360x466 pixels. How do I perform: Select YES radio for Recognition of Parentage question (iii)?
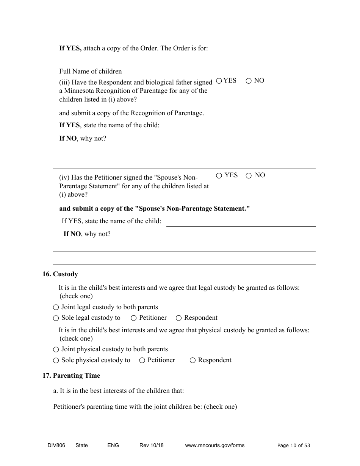[219, 81]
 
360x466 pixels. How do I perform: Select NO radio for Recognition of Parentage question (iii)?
[249, 81]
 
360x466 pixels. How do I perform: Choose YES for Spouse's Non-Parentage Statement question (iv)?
[219, 175]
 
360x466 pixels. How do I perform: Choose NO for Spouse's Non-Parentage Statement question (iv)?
[249, 175]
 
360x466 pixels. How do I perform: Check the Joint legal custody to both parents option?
[56, 307]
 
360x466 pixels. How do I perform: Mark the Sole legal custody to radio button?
[56, 318]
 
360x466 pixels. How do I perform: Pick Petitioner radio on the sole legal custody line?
[134, 318]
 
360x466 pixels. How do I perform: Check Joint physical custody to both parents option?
[56, 349]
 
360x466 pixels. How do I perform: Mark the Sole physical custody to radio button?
[56, 360]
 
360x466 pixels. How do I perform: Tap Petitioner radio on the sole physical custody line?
[142, 360]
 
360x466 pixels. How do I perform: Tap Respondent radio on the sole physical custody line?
[193, 360]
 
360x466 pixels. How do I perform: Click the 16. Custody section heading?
[60, 274]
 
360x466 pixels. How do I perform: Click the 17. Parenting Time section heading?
[71, 375]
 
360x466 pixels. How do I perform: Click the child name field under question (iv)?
[241, 222]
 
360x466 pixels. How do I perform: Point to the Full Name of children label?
[91, 71]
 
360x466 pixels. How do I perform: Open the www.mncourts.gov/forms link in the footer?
[214, 445]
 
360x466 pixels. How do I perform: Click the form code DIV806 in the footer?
[54, 445]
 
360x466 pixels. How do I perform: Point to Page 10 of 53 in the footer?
[294, 445]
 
